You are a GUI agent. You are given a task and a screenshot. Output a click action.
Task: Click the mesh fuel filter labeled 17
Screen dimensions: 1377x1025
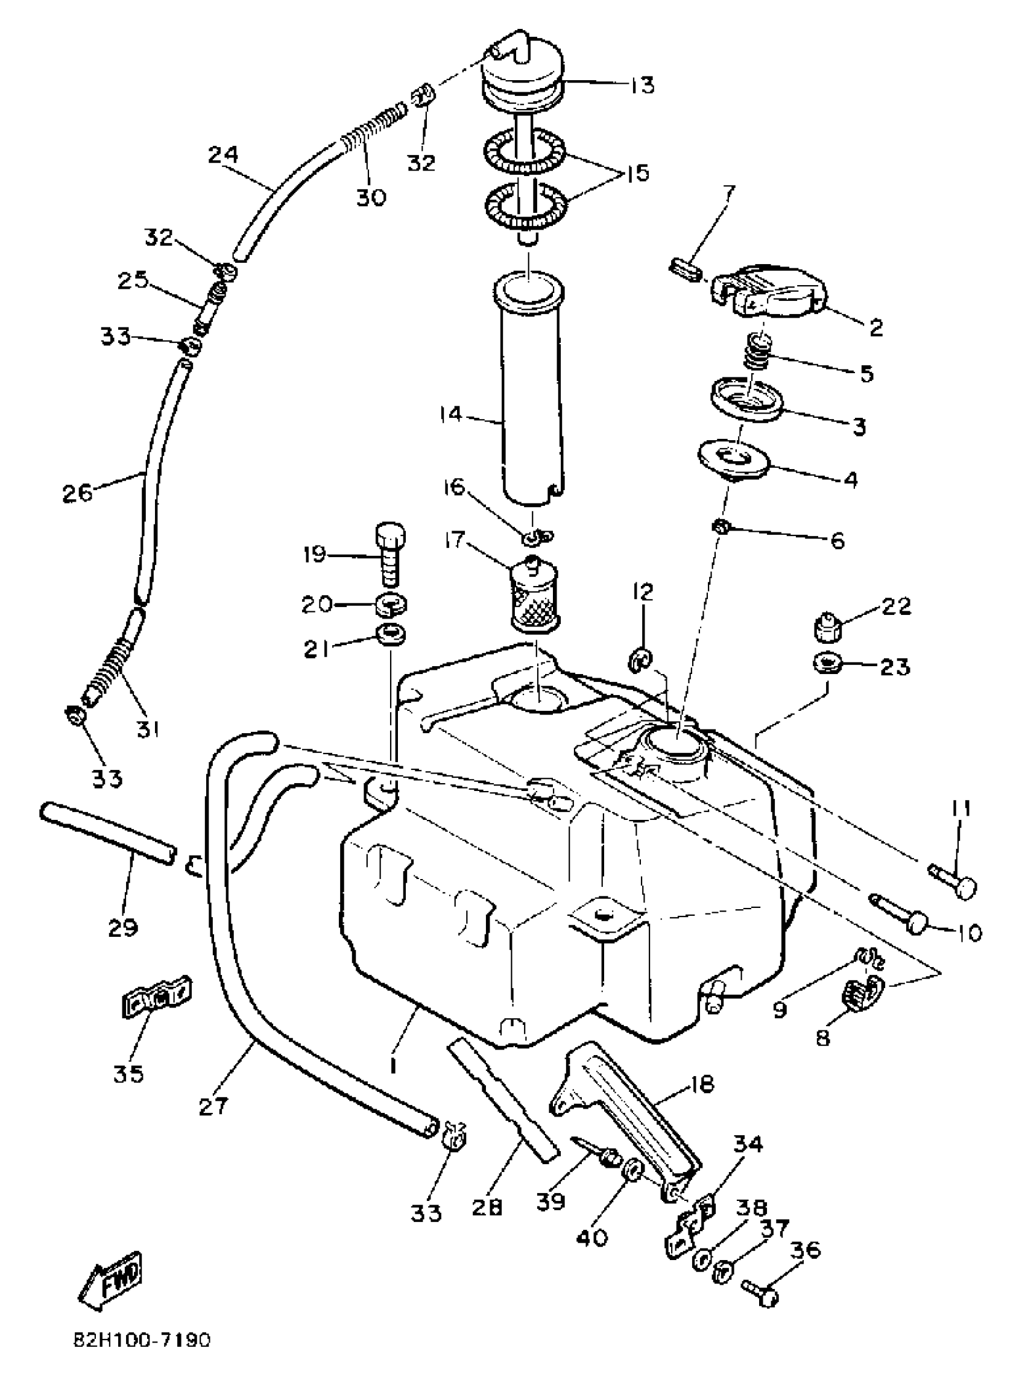pyautogui.click(x=534, y=594)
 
